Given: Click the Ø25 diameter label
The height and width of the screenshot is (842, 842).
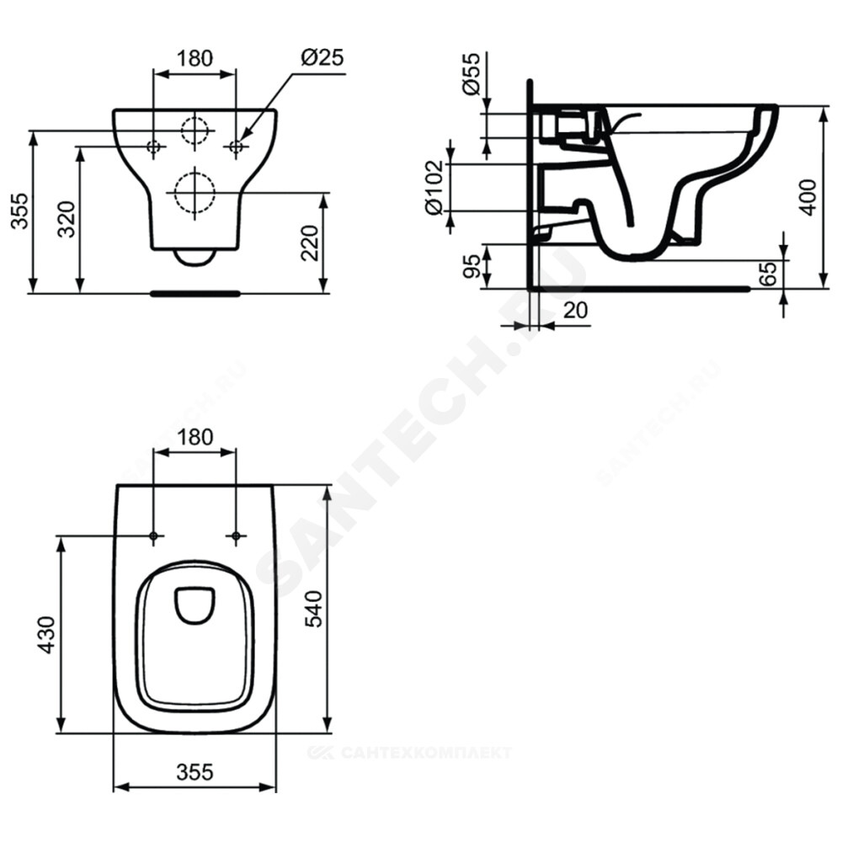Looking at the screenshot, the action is click(322, 57).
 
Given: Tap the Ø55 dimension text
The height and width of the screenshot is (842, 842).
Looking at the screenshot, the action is click(472, 73).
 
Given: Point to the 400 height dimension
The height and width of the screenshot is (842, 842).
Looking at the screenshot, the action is click(808, 198).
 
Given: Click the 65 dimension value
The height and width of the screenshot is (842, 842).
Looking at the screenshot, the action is click(769, 274).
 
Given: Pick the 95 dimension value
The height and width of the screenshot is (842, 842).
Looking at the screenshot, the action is click(472, 266).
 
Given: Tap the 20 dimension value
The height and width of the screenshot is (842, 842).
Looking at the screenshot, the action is click(576, 310).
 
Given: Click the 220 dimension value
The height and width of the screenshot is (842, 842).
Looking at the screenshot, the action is click(310, 242).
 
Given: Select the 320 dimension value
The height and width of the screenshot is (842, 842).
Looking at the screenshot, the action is click(67, 219).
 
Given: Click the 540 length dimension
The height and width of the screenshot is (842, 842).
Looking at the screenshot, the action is click(313, 609).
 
